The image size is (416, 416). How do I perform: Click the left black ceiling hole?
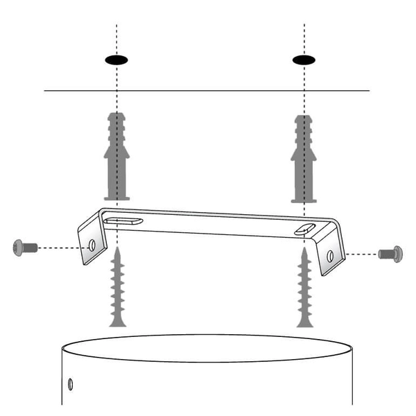(117, 60)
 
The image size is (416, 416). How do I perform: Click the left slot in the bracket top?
(125, 220)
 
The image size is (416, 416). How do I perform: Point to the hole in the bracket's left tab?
(92, 245)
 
